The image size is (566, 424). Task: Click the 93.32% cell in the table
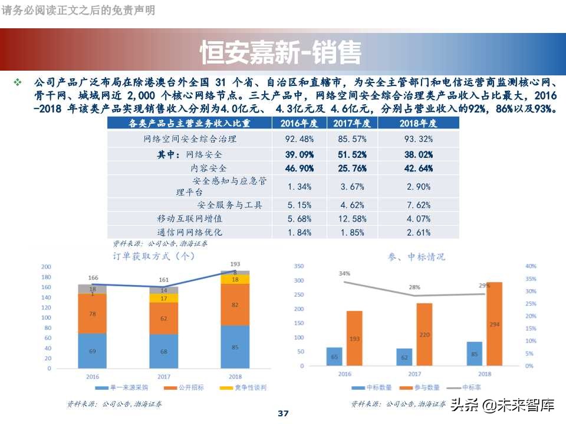419,139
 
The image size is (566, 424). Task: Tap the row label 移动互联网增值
189,218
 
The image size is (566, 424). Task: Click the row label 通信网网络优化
189,232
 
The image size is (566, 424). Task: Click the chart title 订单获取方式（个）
153,256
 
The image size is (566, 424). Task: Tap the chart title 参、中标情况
416,257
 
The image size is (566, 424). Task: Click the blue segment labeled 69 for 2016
92,351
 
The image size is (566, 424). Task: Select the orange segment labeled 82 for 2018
235,304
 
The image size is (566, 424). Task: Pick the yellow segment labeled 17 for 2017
164,299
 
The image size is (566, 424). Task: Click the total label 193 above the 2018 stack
235,264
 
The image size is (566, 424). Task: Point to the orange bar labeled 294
494,324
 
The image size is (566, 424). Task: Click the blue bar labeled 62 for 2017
404,357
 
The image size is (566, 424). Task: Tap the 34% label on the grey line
344,273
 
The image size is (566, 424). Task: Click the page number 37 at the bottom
283,413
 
